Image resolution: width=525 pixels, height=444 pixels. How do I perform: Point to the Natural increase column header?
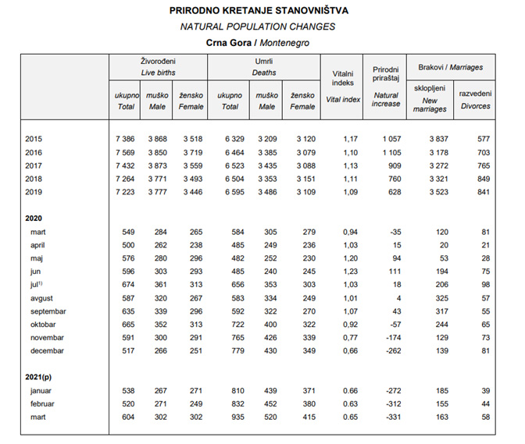click(386, 99)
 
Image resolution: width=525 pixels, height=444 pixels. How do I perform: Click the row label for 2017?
click(34, 165)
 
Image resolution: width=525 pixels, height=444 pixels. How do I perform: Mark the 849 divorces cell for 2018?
click(486, 179)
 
